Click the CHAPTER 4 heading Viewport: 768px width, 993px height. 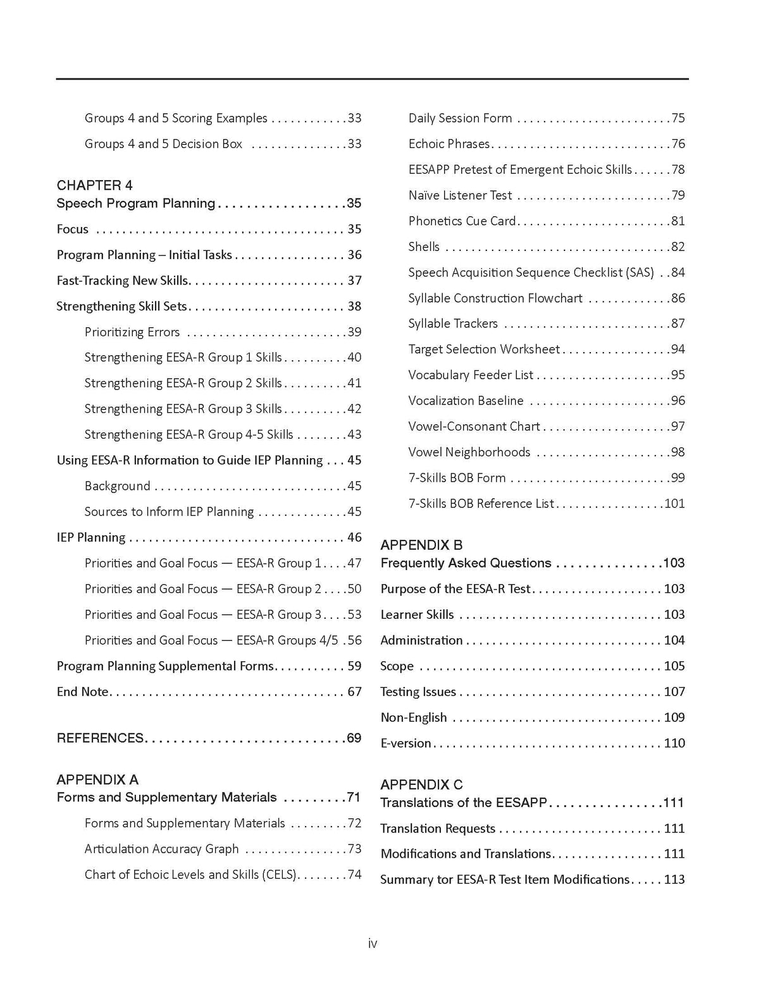pyautogui.click(x=95, y=185)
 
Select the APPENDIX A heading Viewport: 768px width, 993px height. pyautogui.click(x=97, y=779)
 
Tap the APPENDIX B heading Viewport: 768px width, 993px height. pyautogui.click(x=421, y=545)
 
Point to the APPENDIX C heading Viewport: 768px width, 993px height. pyautogui.click(x=421, y=784)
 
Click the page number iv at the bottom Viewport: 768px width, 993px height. pyautogui.click(x=373, y=944)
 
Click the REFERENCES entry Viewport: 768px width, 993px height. pyautogui.click(x=100, y=738)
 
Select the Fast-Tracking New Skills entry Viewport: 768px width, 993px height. pyautogui.click(x=123, y=281)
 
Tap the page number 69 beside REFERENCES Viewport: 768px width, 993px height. pyautogui.click(x=354, y=738)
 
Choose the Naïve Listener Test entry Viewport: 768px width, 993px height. pyautogui.click(x=460, y=195)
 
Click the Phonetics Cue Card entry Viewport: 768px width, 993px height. pyautogui.click(x=462, y=221)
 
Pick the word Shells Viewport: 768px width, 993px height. pyautogui.click(x=424, y=247)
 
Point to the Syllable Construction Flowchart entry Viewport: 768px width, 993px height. pyautogui.click(x=495, y=298)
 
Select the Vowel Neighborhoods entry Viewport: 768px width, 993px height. pyautogui.click(x=469, y=453)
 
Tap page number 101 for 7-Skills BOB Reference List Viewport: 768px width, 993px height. pyautogui.click(x=674, y=504)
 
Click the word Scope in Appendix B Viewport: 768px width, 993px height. pyautogui.click(x=397, y=666)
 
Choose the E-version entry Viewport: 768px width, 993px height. pyautogui.click(x=406, y=743)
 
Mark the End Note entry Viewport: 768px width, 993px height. pyautogui.click(x=83, y=692)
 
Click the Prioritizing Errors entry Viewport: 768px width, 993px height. pyautogui.click(x=132, y=332)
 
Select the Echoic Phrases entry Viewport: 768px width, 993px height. pyautogui.click(x=449, y=144)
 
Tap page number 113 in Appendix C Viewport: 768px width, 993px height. pyautogui.click(x=674, y=880)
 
